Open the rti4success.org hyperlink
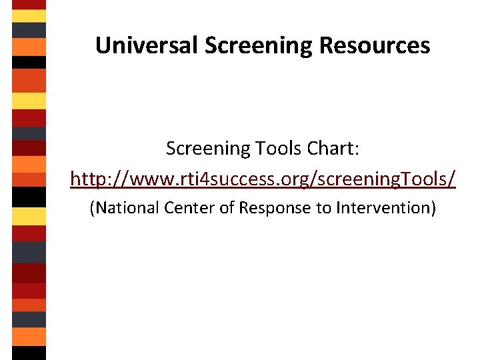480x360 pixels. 263,179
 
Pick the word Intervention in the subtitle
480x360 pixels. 383,208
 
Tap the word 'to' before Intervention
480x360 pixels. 323,208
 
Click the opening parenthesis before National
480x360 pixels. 92,208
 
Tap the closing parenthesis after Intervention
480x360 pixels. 433,208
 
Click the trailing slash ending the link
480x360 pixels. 453,179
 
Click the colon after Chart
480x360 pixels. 357,149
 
